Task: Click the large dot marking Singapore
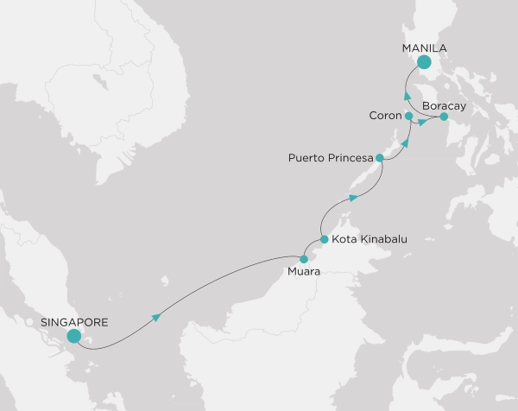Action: [74, 337]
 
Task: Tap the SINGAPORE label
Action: [74, 322]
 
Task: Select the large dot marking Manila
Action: [423, 62]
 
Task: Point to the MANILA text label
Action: [424, 48]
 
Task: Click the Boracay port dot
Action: [444, 116]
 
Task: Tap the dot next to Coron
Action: [408, 115]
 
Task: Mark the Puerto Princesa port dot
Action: [380, 158]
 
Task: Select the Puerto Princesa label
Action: [331, 158]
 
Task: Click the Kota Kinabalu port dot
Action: [324, 239]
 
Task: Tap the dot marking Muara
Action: [303, 258]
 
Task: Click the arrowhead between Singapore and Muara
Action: [157, 318]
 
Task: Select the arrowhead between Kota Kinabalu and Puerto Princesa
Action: [352, 199]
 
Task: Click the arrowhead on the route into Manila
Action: [406, 93]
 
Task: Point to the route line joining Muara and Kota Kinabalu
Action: [313, 248]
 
